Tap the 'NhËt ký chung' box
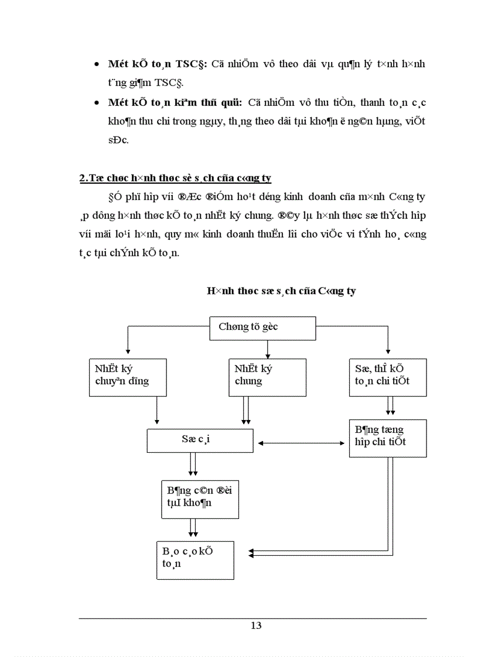click(267, 377)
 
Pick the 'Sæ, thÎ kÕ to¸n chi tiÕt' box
click(387, 377)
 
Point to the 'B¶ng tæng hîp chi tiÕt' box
click(387, 438)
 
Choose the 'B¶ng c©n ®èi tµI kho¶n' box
click(200, 499)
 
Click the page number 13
click(256, 625)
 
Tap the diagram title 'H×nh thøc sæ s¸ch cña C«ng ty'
click(281, 291)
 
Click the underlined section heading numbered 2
click(175, 177)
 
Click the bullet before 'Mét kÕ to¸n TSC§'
click(97, 64)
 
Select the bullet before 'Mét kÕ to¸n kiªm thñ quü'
click(97, 103)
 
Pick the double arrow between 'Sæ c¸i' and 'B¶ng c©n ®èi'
click(193, 466)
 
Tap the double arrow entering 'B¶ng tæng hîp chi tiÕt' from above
click(390, 407)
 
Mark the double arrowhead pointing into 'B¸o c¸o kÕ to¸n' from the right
click(252, 552)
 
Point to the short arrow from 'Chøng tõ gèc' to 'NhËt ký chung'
click(267, 349)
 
